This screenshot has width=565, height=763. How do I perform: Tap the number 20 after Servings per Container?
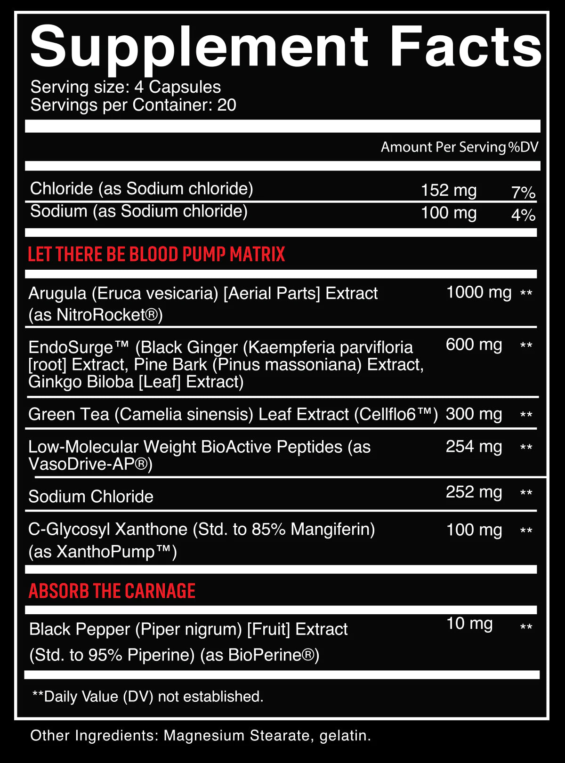tap(226, 105)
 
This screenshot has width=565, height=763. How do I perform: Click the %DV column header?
tap(523, 147)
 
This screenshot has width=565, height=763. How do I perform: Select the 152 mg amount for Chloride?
tap(449, 190)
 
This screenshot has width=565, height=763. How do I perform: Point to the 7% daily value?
tap(523, 192)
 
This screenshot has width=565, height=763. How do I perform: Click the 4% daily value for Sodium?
tap(523, 215)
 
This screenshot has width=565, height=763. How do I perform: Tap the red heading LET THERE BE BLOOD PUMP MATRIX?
tap(156, 254)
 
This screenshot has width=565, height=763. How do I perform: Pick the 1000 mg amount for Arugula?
tap(478, 292)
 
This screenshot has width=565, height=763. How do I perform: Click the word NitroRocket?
tap(106, 314)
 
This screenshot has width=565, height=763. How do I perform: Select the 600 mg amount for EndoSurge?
tap(474, 345)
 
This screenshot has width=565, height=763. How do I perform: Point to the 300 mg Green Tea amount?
tap(474, 414)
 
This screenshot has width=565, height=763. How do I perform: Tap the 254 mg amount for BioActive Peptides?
tap(474, 446)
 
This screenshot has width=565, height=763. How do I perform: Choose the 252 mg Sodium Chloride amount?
tap(474, 492)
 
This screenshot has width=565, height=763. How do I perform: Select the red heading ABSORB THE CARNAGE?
tap(112, 591)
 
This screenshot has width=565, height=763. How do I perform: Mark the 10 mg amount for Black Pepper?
tap(469, 623)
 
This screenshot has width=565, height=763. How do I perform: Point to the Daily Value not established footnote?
tap(147, 696)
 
